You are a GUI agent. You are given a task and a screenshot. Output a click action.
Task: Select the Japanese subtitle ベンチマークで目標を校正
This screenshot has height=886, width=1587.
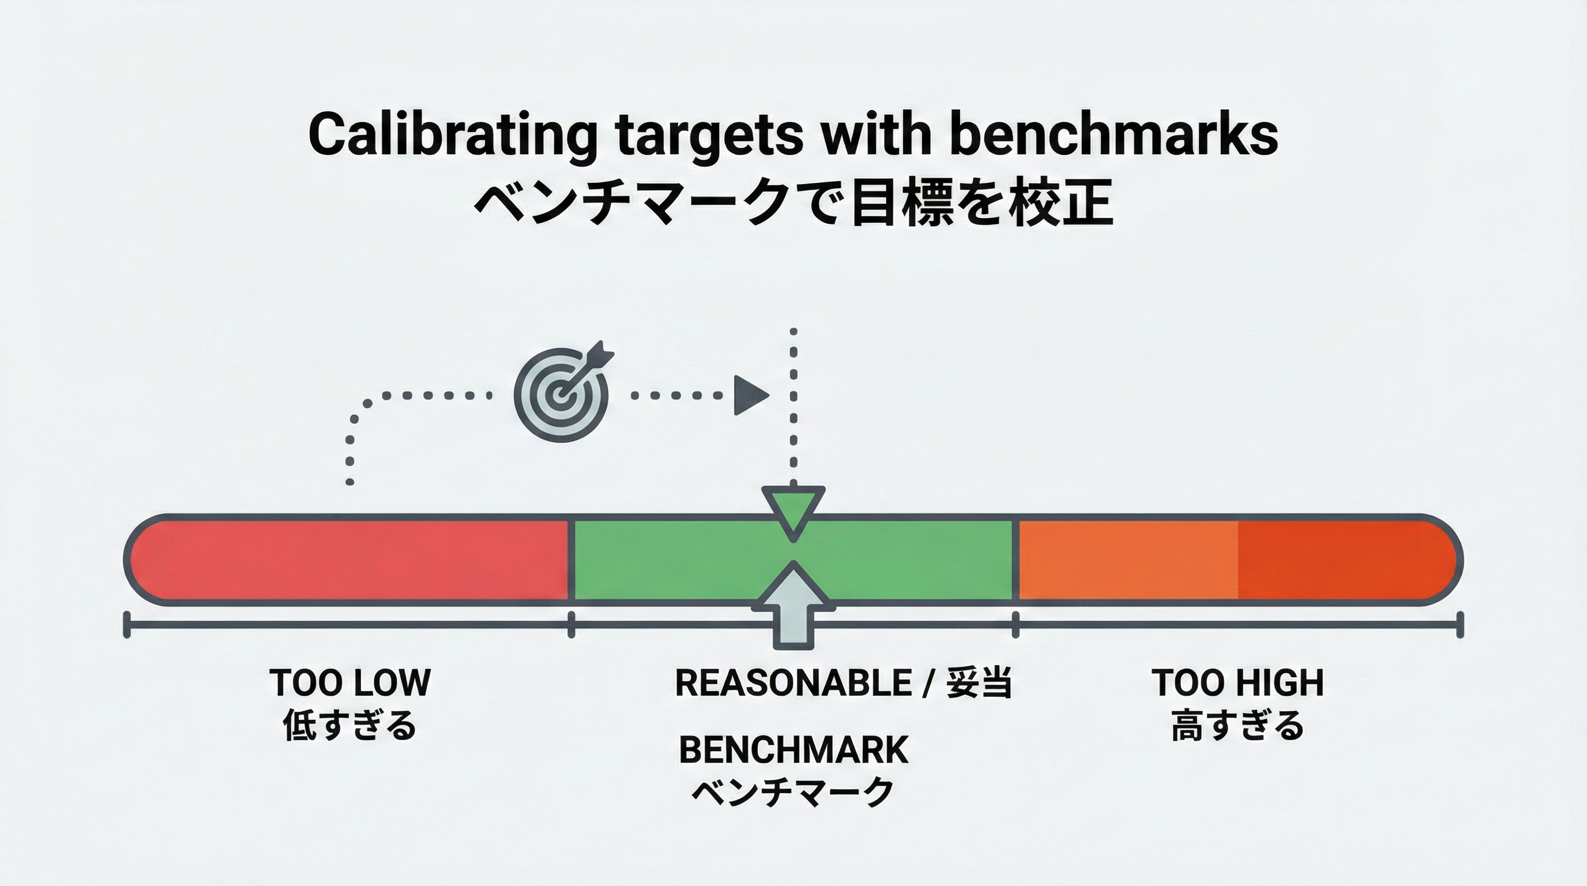[x=793, y=203]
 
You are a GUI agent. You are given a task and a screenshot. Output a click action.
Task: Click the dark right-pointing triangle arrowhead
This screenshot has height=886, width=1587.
[x=751, y=395]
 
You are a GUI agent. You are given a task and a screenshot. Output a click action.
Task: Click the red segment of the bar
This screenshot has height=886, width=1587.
[x=351, y=560]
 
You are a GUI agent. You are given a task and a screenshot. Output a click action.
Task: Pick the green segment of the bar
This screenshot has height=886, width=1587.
[x=678, y=560]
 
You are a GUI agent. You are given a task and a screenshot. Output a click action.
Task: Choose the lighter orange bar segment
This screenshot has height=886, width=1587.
[x=1127, y=560]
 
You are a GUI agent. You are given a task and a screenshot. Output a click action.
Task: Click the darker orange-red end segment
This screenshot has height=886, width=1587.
[x=1343, y=560]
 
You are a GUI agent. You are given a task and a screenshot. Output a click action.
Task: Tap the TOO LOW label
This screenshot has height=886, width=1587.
[x=350, y=683]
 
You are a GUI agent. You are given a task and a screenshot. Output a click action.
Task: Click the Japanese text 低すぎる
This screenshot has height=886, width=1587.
[x=350, y=725]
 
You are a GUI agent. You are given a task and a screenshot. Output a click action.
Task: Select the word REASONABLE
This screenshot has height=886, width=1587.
[x=793, y=683]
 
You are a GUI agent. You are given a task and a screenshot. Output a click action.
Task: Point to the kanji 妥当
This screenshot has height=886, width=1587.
[x=978, y=683]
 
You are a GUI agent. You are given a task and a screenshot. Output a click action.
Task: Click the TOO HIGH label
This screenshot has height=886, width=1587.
[x=1238, y=683]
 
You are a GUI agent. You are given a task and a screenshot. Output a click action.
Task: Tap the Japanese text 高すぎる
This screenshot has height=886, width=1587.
[x=1238, y=725]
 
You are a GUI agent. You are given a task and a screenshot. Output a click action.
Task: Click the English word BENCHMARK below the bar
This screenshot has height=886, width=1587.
[x=793, y=750]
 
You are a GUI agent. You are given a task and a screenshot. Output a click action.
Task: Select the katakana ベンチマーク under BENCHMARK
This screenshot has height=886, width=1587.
[x=793, y=792]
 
